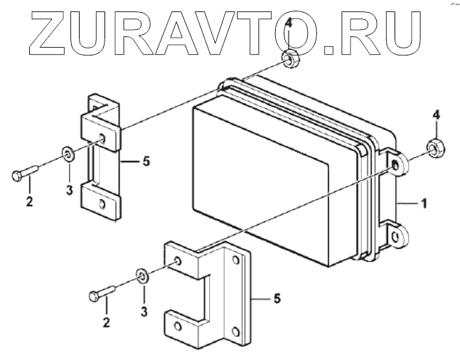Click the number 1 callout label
pos(424,203)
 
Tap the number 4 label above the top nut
pos(288,24)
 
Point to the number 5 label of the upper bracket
pos(146,162)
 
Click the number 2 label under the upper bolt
pos(29,201)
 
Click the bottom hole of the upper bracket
pos(103,203)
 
